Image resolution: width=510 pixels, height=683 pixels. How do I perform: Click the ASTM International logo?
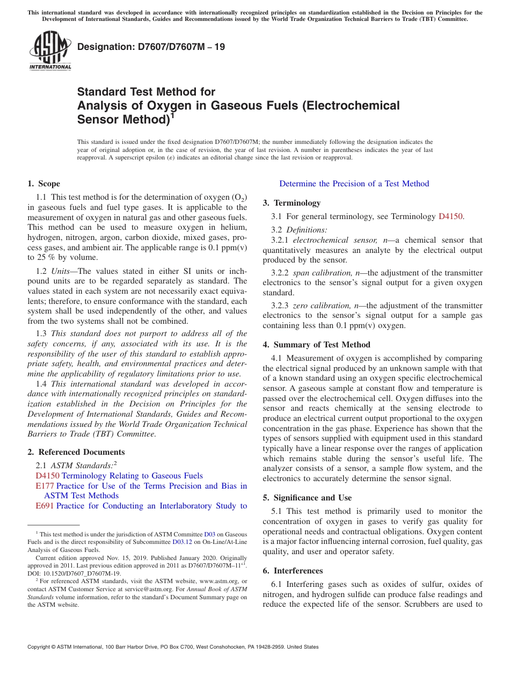click(50, 50)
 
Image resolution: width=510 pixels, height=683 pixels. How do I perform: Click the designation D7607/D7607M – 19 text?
click(151, 47)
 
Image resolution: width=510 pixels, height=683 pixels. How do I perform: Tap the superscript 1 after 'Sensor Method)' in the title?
click(173, 115)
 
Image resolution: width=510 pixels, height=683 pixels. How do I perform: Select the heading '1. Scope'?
click(44, 184)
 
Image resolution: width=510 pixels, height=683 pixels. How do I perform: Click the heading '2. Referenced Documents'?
click(76, 452)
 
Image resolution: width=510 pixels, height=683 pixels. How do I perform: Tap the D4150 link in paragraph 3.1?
click(450, 216)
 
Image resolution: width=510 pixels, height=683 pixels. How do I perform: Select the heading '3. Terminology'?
click(292, 203)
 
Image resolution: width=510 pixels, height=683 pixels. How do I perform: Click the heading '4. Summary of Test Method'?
click(316, 345)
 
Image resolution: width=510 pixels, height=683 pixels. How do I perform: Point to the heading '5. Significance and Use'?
click(307, 498)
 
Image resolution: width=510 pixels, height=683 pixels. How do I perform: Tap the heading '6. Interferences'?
click(293, 570)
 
